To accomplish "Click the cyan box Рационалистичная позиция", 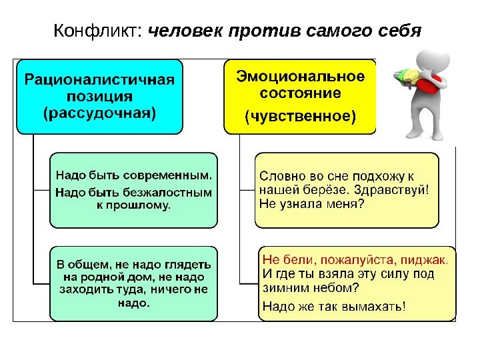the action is pyautogui.click(x=100, y=96).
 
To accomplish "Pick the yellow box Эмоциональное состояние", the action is pyautogui.click(x=300, y=96).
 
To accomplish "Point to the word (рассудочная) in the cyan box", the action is pyautogui.click(x=100, y=113).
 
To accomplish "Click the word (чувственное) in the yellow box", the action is pyautogui.click(x=300, y=117).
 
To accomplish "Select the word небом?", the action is pyautogui.click(x=334, y=288).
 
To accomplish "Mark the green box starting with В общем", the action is pyautogui.click(x=134, y=283).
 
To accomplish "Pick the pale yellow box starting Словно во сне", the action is pyautogui.click(x=347, y=190).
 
